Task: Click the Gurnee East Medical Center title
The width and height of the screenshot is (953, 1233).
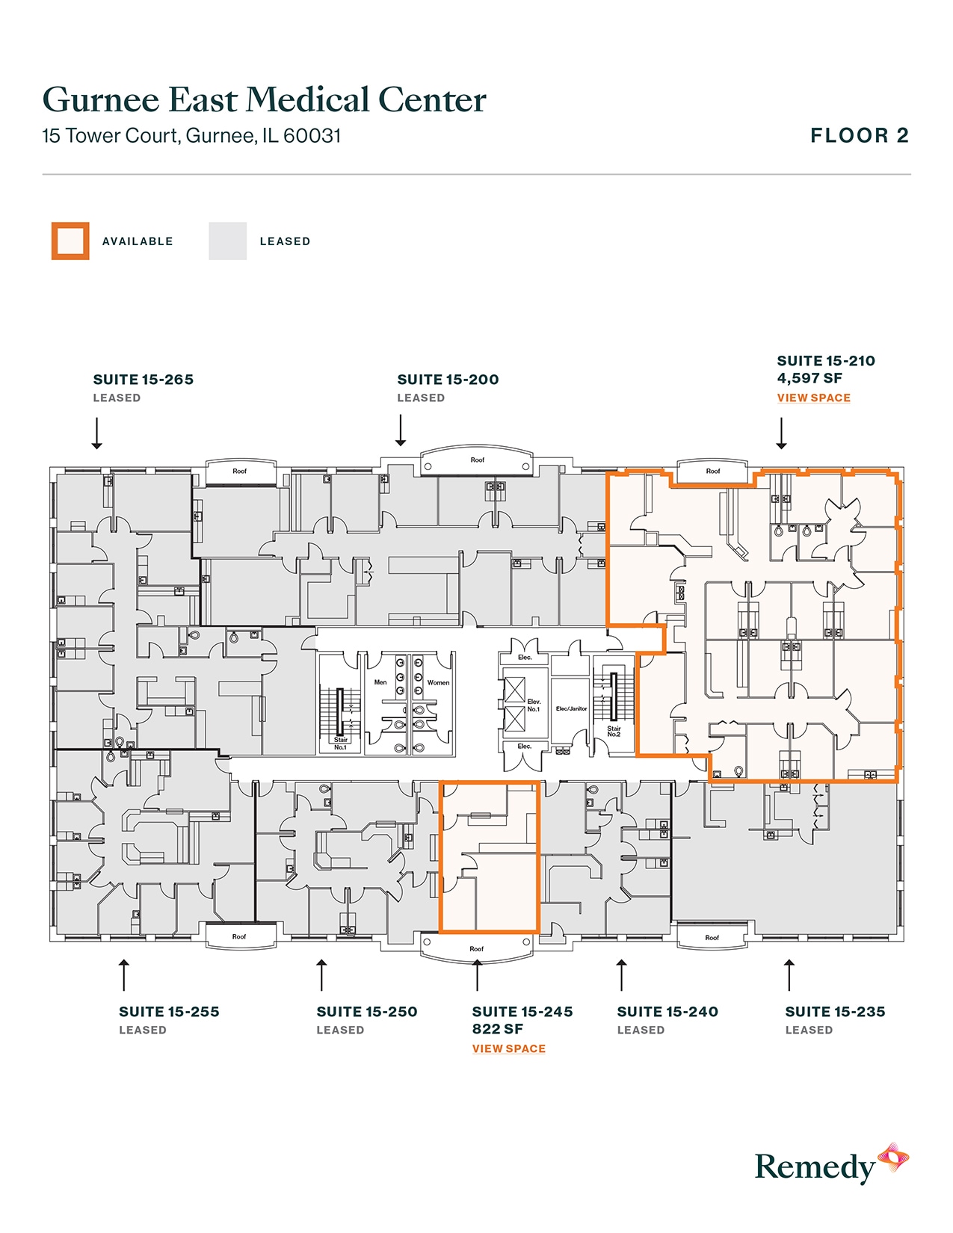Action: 264,100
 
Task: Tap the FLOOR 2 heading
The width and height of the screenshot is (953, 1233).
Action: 860,136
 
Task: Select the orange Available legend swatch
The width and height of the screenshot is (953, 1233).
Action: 70,241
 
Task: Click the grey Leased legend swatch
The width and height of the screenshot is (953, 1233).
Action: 227,241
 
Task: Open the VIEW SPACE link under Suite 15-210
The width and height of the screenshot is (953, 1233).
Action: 813,398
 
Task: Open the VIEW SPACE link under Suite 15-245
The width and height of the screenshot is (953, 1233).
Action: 508,1049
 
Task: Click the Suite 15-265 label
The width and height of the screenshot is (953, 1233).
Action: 143,380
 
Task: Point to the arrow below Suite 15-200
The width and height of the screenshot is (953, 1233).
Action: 401,431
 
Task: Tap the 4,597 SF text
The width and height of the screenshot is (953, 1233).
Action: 809,379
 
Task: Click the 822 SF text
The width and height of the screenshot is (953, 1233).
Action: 497,1030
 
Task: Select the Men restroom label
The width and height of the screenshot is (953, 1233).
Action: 380,682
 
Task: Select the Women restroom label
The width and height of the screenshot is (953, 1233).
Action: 438,682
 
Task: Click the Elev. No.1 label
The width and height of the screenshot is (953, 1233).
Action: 534,705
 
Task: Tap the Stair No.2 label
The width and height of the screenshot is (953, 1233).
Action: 614,731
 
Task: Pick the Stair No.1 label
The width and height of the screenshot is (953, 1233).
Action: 340,744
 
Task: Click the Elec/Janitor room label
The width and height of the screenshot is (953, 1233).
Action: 571,708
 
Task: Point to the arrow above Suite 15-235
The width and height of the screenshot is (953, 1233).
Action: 789,974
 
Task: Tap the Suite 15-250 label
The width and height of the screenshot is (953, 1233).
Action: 366,1012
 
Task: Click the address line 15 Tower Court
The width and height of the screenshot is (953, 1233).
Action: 191,136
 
